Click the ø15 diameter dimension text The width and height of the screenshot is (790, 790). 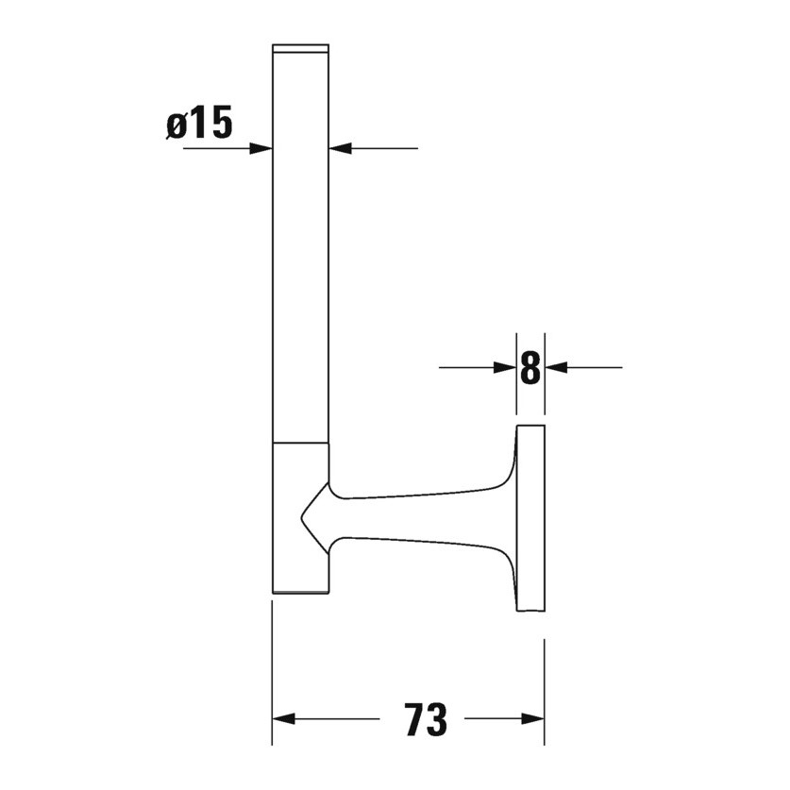(x=199, y=125)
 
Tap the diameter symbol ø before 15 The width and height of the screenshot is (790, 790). (x=176, y=126)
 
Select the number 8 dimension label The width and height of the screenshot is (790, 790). (x=530, y=368)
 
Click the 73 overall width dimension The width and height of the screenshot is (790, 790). (x=425, y=720)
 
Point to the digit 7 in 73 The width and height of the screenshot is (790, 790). (x=413, y=720)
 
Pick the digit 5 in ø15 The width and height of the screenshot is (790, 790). (x=220, y=125)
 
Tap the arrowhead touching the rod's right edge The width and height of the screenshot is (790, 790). (x=339, y=148)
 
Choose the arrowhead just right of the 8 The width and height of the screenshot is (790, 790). (x=556, y=367)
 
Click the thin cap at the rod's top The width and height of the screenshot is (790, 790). (x=300, y=47)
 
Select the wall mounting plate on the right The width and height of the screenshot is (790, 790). (x=530, y=519)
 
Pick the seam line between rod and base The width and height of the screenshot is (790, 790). (x=300, y=441)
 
